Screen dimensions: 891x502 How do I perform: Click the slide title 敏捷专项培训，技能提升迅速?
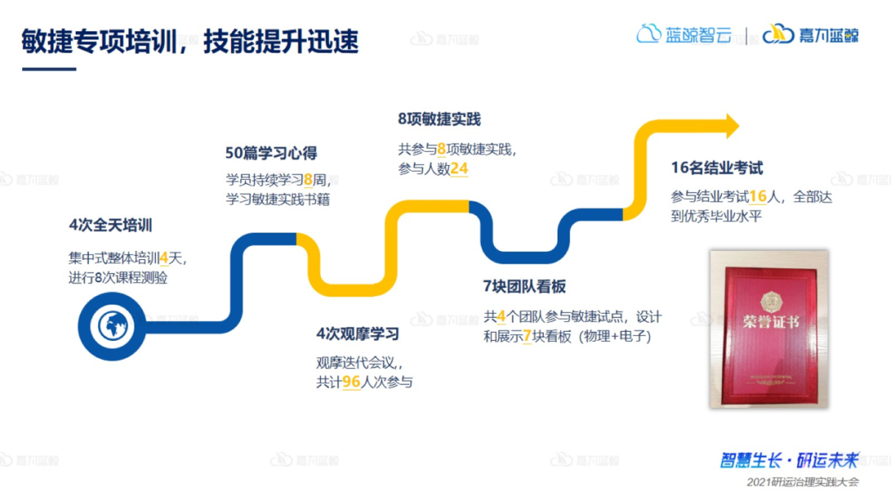coord(191,41)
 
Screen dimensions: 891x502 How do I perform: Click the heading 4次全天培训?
coord(111,225)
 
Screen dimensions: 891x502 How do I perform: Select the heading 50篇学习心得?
coord(271,153)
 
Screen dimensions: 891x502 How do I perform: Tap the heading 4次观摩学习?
coord(357,334)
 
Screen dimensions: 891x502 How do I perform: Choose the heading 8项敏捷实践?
coord(438,119)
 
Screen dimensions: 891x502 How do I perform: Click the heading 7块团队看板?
coord(525,287)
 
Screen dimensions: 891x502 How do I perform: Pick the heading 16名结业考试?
coord(716,168)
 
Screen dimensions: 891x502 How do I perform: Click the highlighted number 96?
coord(351,381)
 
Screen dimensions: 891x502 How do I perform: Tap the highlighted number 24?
coord(460,168)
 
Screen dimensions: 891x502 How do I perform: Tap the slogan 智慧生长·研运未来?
coord(790,460)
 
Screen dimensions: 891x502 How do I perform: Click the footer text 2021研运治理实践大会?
coord(802,481)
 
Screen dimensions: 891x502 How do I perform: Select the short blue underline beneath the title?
coord(49,69)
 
